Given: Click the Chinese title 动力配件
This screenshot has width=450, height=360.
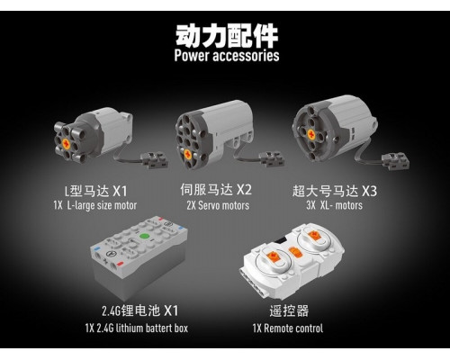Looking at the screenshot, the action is (x=227, y=36).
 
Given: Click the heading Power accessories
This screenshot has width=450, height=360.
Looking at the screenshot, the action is (x=227, y=56).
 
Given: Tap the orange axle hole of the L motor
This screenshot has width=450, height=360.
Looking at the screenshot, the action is (x=67, y=145).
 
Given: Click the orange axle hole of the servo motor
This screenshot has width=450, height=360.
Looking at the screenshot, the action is (x=188, y=155).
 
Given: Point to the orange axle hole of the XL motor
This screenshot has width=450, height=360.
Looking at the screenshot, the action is (x=311, y=135).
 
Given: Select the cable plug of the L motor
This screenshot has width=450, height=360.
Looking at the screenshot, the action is (x=154, y=160).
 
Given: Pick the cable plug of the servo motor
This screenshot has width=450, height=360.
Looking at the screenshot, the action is (x=272, y=159).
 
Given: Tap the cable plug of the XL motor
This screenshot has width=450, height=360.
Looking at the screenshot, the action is (x=395, y=161).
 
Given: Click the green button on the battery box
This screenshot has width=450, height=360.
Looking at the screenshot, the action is (x=145, y=237).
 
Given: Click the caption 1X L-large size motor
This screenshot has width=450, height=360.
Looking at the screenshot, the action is (x=95, y=205).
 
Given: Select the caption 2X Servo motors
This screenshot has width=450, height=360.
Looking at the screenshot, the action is (x=218, y=205).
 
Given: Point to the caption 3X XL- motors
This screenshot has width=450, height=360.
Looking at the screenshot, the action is (x=334, y=205).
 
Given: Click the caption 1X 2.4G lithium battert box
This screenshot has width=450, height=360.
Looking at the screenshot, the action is (x=137, y=328).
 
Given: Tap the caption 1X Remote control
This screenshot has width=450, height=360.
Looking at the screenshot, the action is (x=288, y=328).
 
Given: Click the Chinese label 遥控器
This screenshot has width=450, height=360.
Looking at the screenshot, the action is (x=289, y=310).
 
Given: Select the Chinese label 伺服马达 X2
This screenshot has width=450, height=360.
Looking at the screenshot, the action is (x=216, y=190).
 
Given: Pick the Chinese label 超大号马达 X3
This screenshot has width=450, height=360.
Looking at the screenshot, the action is (x=335, y=191).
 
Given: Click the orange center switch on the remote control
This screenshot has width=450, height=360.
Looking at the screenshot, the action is (x=294, y=252).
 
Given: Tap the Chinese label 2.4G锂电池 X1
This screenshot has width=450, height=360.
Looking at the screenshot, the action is (x=140, y=310).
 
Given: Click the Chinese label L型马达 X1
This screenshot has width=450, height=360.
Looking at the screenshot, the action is (x=96, y=191).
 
